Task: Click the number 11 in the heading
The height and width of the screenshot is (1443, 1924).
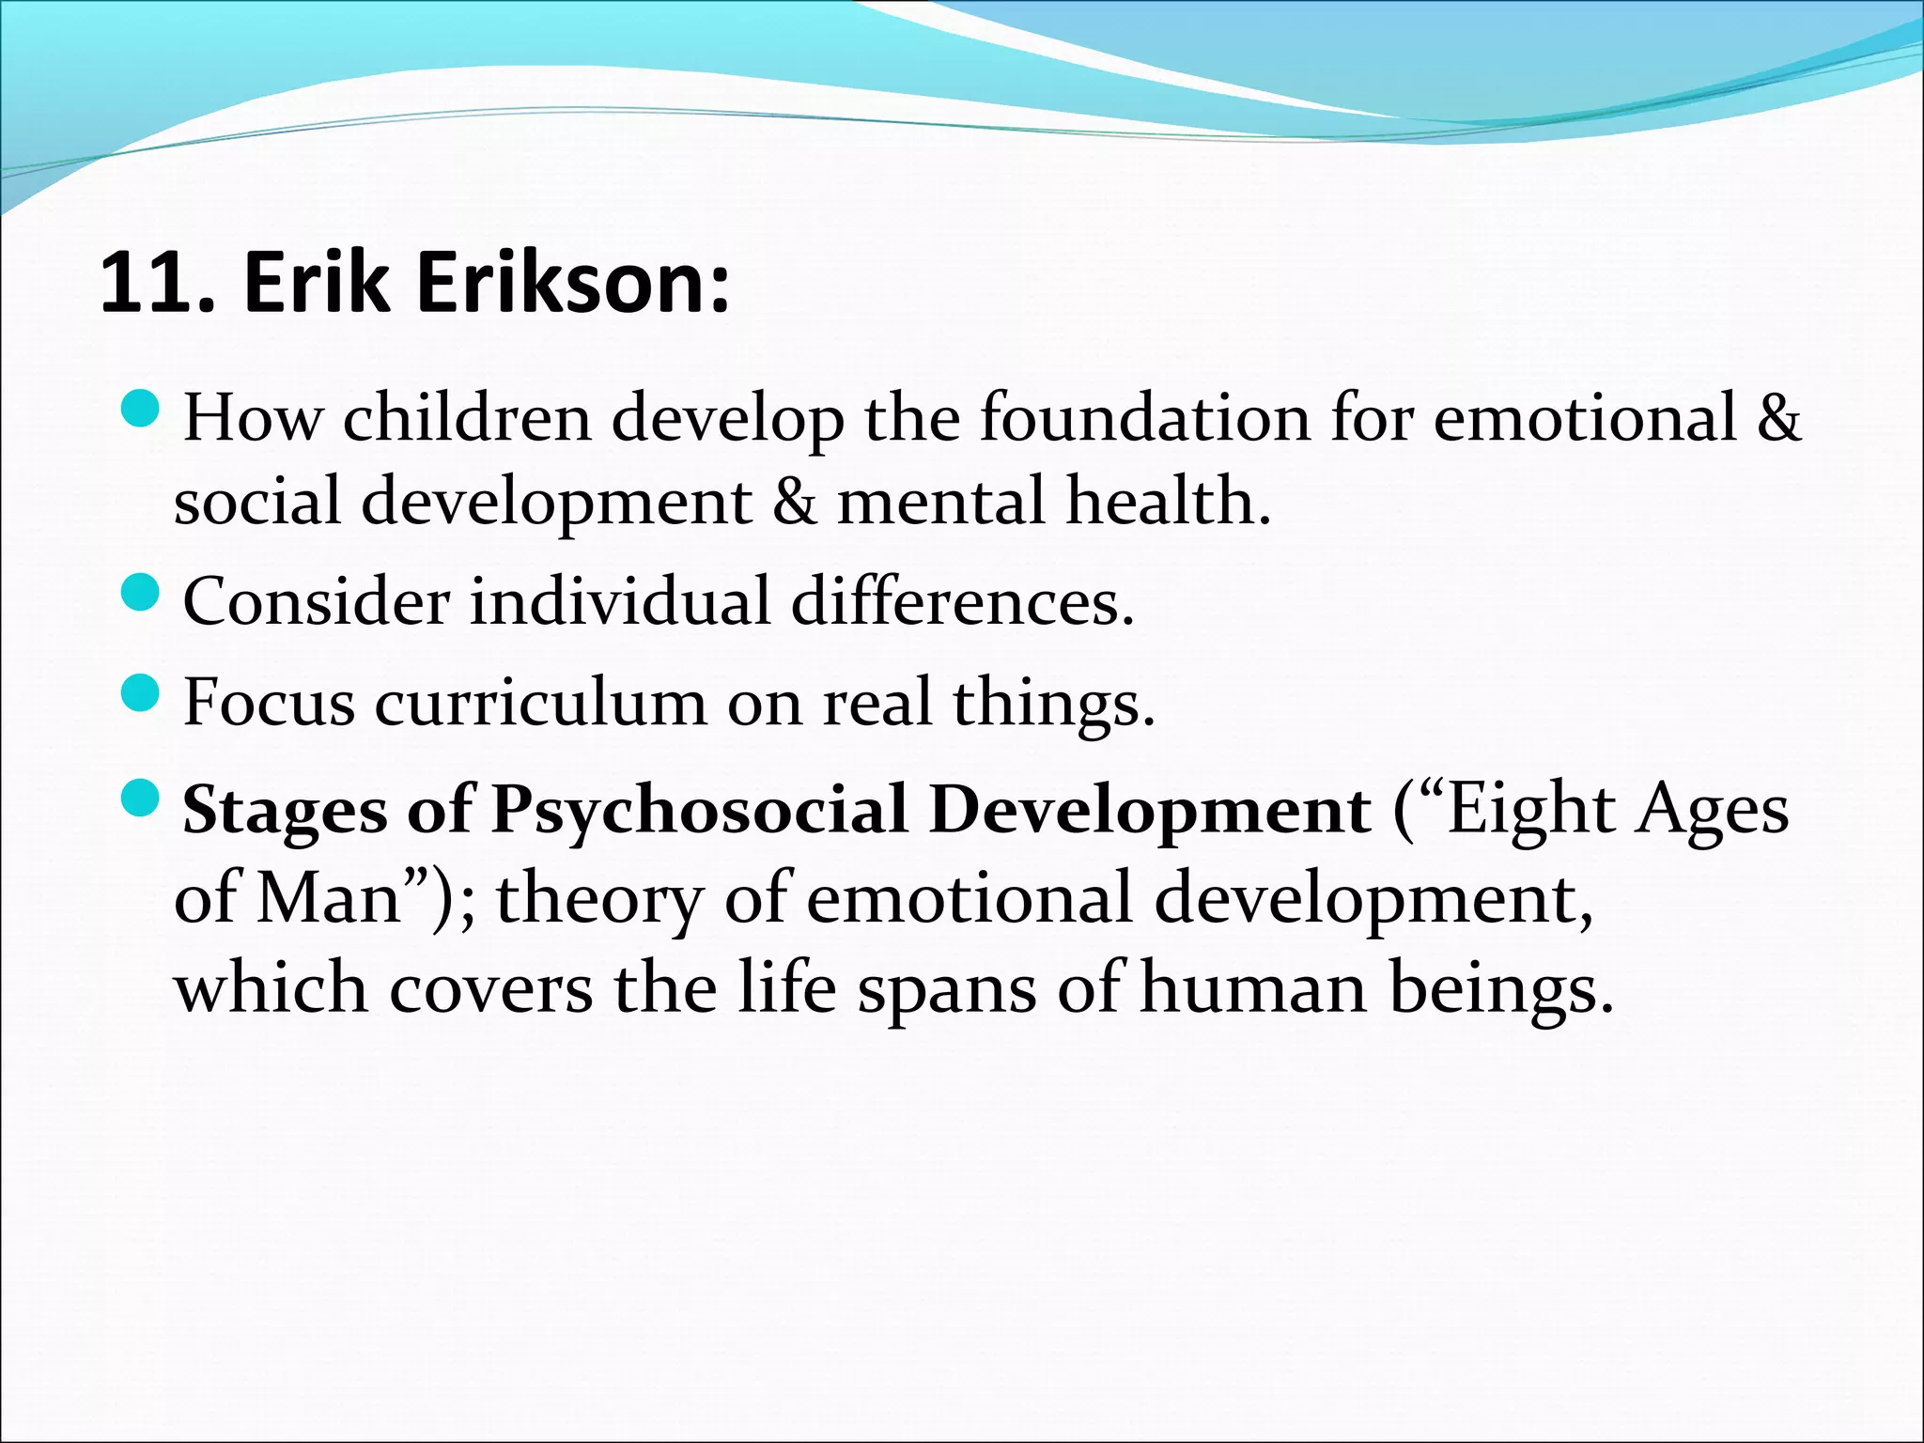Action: click(x=142, y=284)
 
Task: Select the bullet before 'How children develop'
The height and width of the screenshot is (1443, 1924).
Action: click(x=142, y=410)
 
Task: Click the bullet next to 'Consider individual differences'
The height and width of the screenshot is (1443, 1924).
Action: click(x=142, y=594)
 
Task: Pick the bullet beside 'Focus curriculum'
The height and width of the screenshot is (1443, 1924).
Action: click(x=142, y=695)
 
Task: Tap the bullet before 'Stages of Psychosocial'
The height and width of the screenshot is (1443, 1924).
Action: click(x=142, y=800)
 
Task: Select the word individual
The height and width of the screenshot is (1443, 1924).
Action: click(x=620, y=601)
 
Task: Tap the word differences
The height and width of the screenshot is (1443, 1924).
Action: click(x=962, y=601)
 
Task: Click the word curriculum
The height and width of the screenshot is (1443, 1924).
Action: click(x=540, y=703)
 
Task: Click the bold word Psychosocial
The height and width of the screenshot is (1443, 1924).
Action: click(x=700, y=810)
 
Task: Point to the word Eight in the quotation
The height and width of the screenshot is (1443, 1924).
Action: click(x=1532, y=810)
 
